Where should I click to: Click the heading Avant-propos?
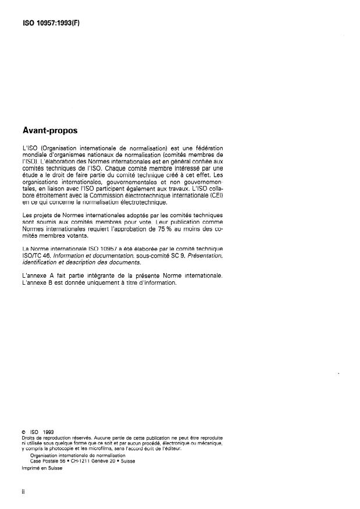coord(49,131)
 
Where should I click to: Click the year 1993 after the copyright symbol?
coord(48,431)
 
